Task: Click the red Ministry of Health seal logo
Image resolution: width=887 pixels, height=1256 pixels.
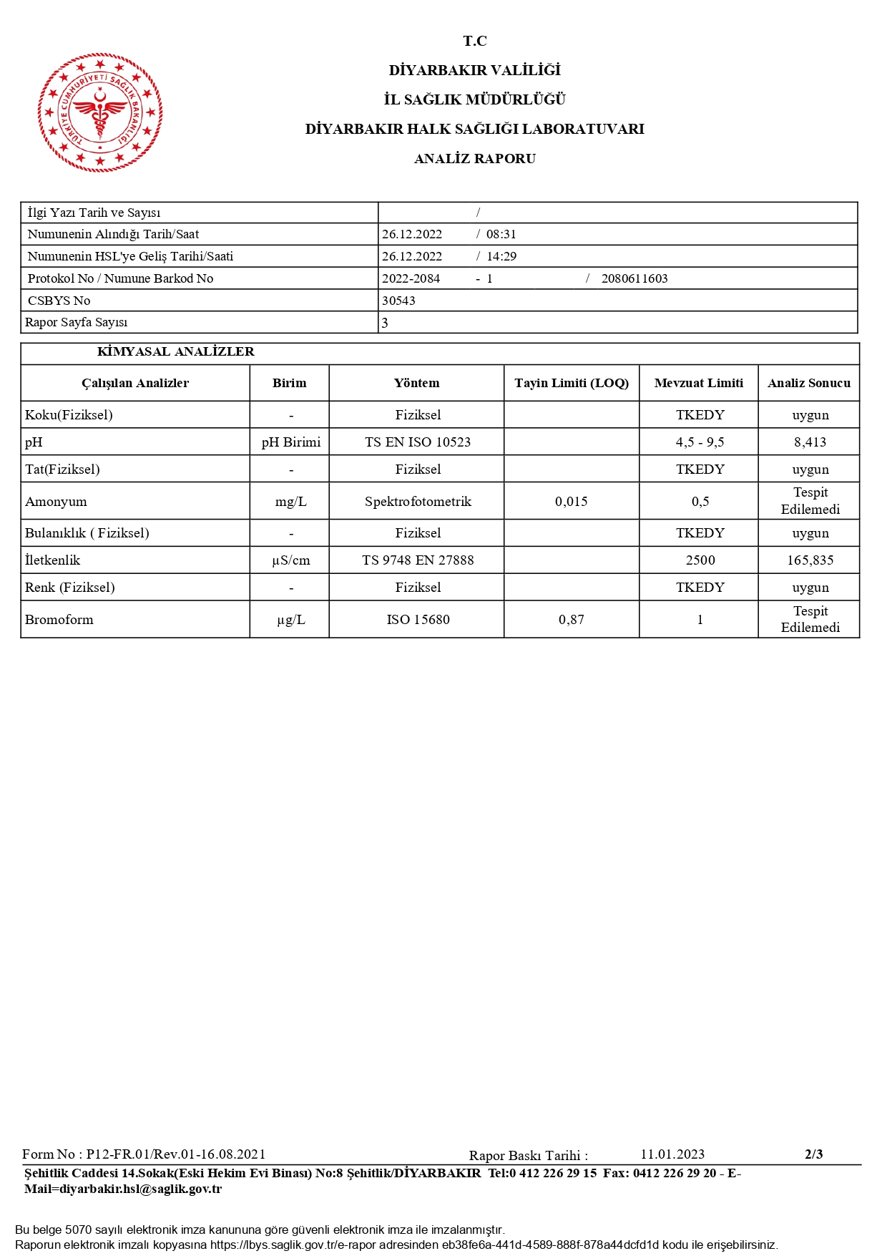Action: pos(100,112)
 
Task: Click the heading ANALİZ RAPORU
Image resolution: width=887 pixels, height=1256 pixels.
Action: pos(474,159)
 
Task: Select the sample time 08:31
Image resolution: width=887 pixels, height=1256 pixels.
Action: pos(501,234)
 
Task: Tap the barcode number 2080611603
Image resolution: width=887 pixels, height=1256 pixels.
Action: pos(634,278)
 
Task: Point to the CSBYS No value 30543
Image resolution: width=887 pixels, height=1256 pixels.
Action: pos(398,301)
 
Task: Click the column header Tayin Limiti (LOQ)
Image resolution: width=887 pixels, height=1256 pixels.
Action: pos(571,383)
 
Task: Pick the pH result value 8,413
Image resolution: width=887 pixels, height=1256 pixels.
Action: pos(810,442)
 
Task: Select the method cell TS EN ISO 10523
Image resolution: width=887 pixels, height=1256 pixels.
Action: pos(418,442)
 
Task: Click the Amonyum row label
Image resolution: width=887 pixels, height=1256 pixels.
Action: pos(57,502)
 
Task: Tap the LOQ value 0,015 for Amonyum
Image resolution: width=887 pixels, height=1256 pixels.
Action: pos(571,502)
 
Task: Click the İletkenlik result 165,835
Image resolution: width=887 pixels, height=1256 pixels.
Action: pos(810,560)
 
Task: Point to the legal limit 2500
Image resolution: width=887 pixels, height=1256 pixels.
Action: pos(700,560)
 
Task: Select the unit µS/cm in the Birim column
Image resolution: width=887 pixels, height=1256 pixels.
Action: pos(290,560)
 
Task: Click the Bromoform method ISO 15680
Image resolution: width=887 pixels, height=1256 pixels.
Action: pos(418,620)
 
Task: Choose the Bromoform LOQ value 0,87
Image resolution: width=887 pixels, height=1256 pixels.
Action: pos(571,620)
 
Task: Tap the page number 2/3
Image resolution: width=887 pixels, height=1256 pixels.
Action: pos(813,1154)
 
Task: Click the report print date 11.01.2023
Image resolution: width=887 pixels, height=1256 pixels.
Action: pos(672,1154)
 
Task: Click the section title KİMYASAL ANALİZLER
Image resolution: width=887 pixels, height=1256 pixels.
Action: pos(175,351)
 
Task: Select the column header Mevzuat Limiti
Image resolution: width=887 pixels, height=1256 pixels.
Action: pos(698,383)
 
